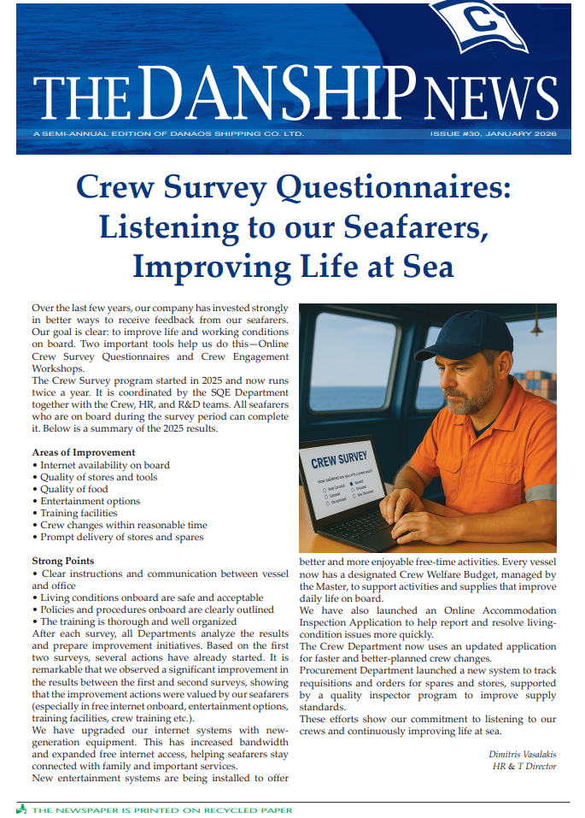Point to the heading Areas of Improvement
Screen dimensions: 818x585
83,452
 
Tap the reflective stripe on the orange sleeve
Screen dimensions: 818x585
540,493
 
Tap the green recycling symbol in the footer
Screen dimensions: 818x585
21,809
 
